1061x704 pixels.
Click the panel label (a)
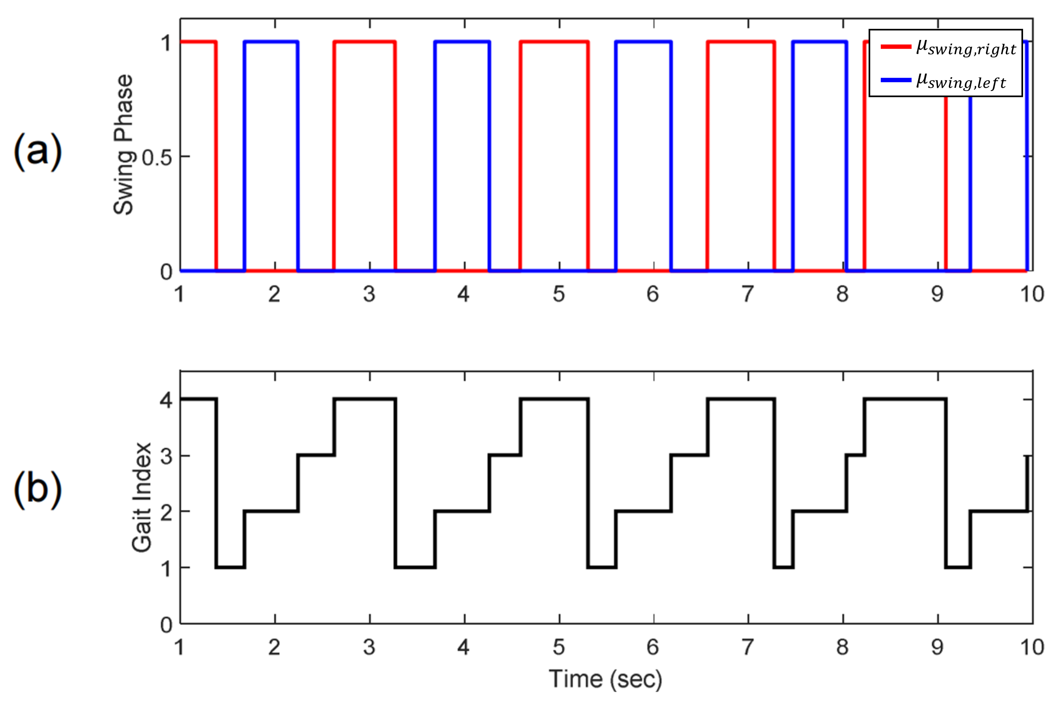(38, 152)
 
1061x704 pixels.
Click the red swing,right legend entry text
(966, 47)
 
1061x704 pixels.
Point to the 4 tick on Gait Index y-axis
(166, 399)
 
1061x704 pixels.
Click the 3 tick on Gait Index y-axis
(166, 456)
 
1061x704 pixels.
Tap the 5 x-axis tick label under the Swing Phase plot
(559, 294)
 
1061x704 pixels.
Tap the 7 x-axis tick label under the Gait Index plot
(748, 647)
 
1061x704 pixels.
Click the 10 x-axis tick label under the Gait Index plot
(1032, 647)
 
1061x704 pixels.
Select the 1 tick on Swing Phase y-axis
(166, 44)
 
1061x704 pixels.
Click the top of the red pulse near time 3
(364, 42)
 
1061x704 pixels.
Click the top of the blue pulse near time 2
(271, 42)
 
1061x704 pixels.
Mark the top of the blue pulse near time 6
(643, 42)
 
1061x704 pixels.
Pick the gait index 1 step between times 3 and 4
(415, 568)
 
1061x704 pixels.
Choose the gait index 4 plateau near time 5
(554, 399)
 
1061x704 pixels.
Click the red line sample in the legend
(895, 47)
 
